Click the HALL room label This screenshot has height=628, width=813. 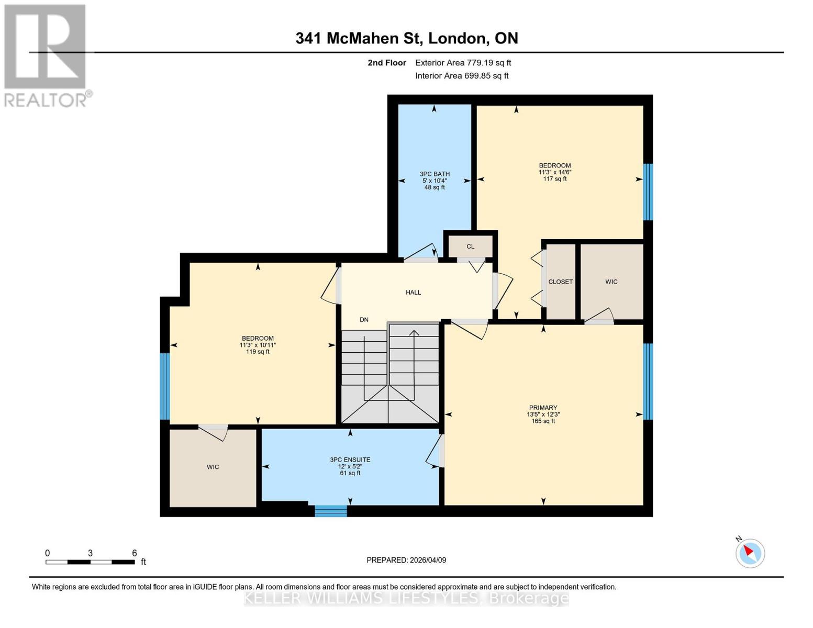(413, 293)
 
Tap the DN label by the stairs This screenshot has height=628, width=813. (364, 320)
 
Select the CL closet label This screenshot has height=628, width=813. (470, 246)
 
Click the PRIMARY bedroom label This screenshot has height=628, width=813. (543, 408)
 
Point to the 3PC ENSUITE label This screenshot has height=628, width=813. (350, 460)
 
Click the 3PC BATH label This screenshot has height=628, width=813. (435, 174)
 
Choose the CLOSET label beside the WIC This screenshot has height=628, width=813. (560, 282)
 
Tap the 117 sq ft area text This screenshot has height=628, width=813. (554, 179)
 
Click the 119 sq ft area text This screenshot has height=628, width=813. (258, 352)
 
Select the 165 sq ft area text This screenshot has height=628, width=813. (543, 421)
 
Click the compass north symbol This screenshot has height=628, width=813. (750, 553)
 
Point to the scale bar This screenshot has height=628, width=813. (90, 562)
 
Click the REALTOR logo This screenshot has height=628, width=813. (46, 55)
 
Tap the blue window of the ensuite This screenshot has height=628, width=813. (330, 511)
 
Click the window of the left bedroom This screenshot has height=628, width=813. (165, 386)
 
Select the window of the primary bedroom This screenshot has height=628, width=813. (648, 381)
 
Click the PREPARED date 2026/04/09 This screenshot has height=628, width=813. (406, 560)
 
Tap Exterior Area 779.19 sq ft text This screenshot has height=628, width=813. (463, 63)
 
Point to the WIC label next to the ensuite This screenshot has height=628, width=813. (213, 467)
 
